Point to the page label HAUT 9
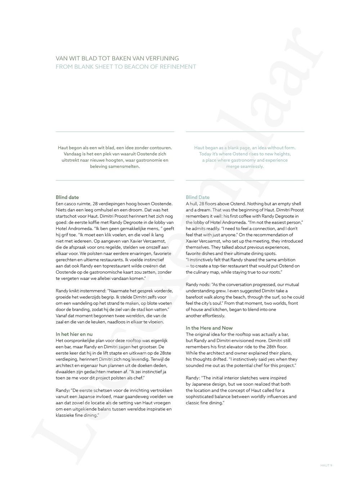326,465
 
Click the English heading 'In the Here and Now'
209,328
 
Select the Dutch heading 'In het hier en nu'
74,334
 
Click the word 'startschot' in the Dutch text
67,216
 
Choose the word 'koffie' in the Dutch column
91,223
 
